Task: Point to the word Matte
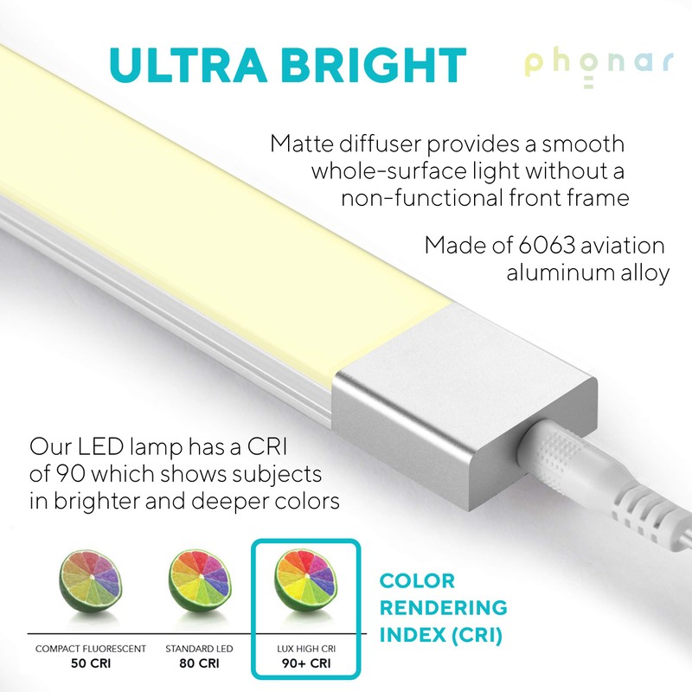tap(303, 143)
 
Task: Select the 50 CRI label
tap(89, 664)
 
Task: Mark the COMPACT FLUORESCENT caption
tap(90, 649)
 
